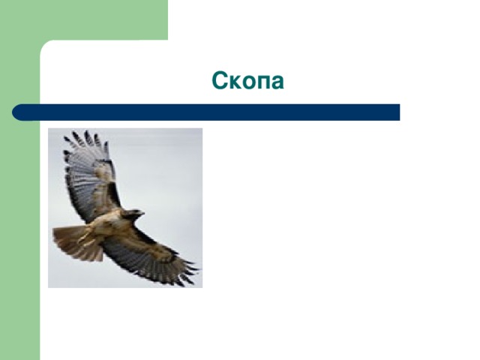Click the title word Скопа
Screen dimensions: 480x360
click(247, 80)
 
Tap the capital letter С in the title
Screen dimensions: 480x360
click(219, 80)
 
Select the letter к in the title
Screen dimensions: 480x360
click(234, 82)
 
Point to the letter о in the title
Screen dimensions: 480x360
click(247, 82)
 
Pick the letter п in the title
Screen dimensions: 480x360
click(262, 82)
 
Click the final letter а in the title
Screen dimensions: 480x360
click(277, 82)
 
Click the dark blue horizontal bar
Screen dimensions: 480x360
click(206, 112)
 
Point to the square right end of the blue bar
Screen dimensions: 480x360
click(398, 112)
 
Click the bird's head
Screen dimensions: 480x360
click(133, 214)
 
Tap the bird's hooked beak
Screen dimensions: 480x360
click(142, 213)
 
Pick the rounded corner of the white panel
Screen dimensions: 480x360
click(44, 45)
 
